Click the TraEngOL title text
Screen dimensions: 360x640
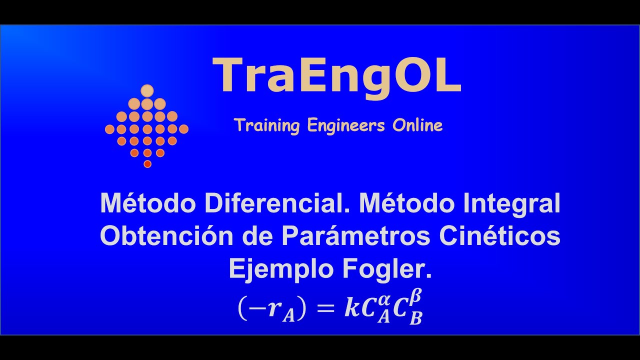pos(336,76)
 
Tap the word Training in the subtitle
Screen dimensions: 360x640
pos(266,125)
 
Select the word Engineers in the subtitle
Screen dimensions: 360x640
pos(346,125)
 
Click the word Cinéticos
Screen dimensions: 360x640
pos(499,236)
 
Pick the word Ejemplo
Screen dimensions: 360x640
pos(281,270)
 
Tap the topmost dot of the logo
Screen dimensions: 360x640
pos(147,90)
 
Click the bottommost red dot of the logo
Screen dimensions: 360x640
pos(147,164)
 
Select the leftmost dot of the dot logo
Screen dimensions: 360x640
pos(109,129)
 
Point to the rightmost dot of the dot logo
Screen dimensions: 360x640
pos(183,129)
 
